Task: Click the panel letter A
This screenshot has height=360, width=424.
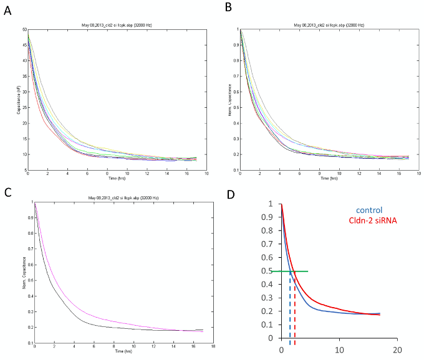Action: (x=7, y=11)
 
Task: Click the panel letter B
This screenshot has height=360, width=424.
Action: (x=228, y=7)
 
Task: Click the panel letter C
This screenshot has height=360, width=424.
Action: (x=7, y=192)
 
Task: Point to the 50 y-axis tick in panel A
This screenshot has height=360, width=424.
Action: (x=23, y=29)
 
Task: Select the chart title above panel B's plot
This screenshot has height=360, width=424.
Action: (x=329, y=25)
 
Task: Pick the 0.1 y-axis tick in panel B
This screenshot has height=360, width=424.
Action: (x=234, y=170)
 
